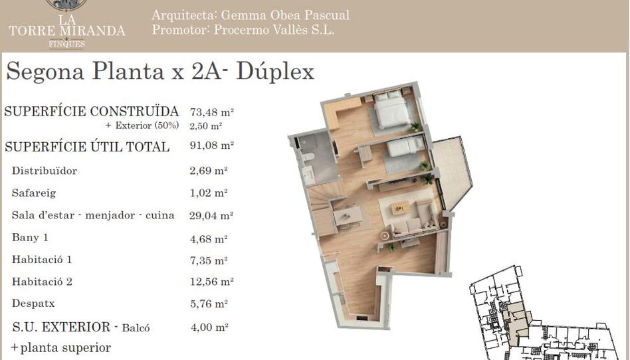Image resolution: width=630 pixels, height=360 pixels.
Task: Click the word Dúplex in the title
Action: (275, 72)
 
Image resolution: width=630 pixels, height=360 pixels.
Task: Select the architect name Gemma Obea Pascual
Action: (285, 15)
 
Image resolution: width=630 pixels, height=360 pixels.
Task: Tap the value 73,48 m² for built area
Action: (212, 112)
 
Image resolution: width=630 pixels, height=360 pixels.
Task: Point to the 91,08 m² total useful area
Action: (212, 145)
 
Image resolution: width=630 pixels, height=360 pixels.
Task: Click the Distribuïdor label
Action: (45, 171)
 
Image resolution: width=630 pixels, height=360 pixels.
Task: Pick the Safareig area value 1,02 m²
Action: (209, 193)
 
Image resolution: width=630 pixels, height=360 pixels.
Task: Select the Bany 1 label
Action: (30, 238)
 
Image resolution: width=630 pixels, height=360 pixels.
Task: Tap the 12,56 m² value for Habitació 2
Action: (212, 282)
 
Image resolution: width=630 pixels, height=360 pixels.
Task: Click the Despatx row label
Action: (33, 304)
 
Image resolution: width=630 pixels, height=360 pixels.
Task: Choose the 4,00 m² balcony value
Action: (209, 327)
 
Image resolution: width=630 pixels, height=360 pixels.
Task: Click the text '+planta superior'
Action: (60, 347)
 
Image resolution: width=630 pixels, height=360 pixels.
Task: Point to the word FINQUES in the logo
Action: (66, 44)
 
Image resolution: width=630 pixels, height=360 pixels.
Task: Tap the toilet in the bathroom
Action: (308, 156)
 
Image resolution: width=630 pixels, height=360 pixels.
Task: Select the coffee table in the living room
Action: (400, 208)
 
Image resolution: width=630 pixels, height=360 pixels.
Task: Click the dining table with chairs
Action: (348, 216)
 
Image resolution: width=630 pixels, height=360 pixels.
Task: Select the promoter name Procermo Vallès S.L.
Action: (274, 30)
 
